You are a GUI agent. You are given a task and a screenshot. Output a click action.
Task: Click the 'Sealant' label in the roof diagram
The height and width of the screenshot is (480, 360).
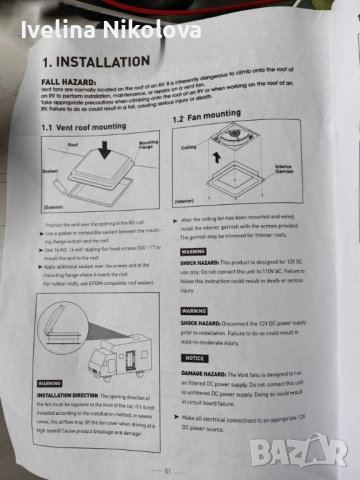[49, 171]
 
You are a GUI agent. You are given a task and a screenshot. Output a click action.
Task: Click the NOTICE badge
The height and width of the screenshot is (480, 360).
[197, 357]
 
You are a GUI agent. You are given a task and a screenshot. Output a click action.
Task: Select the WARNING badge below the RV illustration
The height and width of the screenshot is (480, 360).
[51, 383]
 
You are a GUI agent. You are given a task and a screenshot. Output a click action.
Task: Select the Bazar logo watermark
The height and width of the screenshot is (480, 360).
[300, 449]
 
